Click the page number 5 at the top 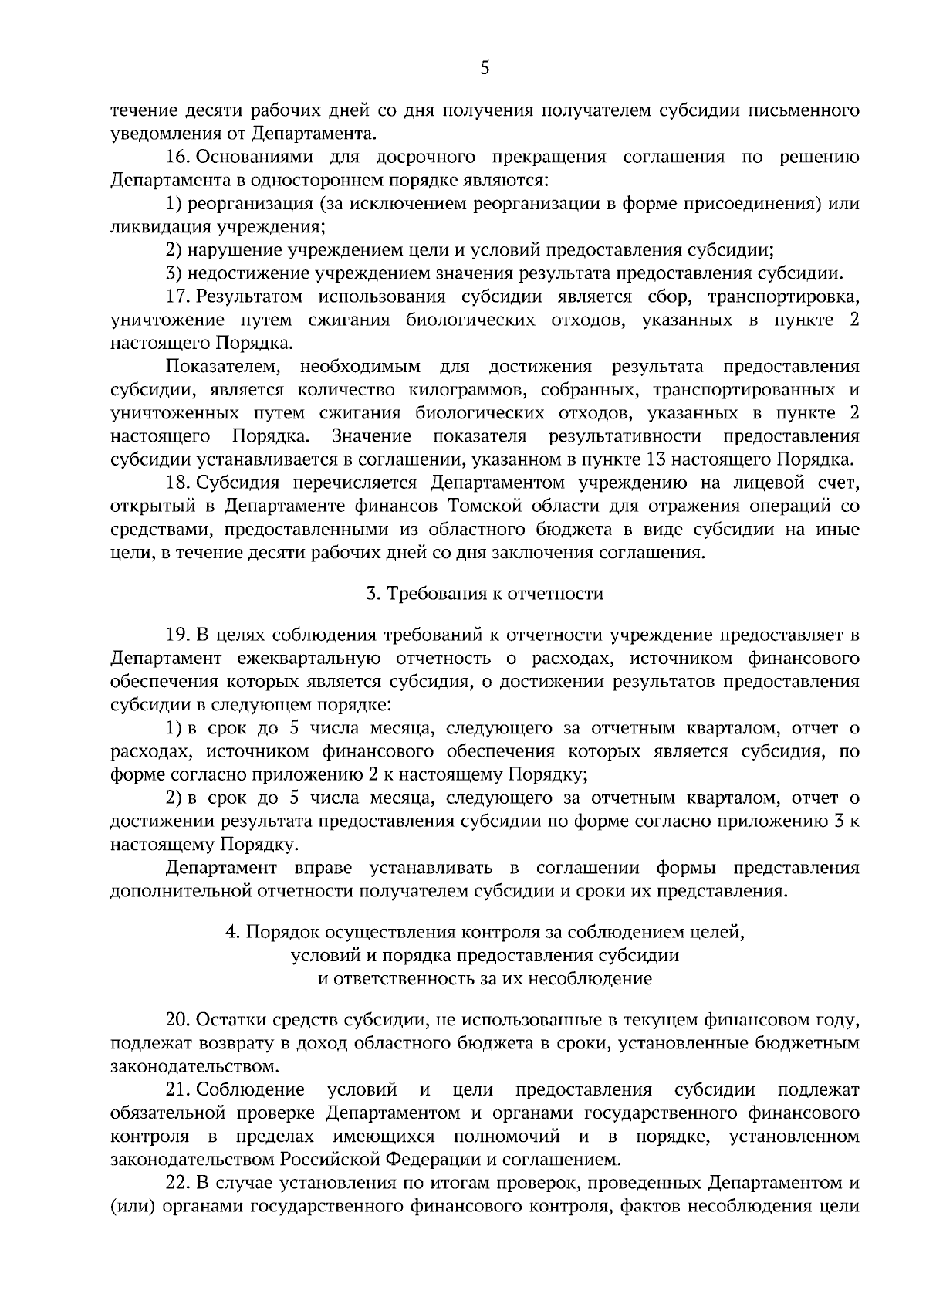tap(485, 68)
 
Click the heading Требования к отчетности tap(485, 594)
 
